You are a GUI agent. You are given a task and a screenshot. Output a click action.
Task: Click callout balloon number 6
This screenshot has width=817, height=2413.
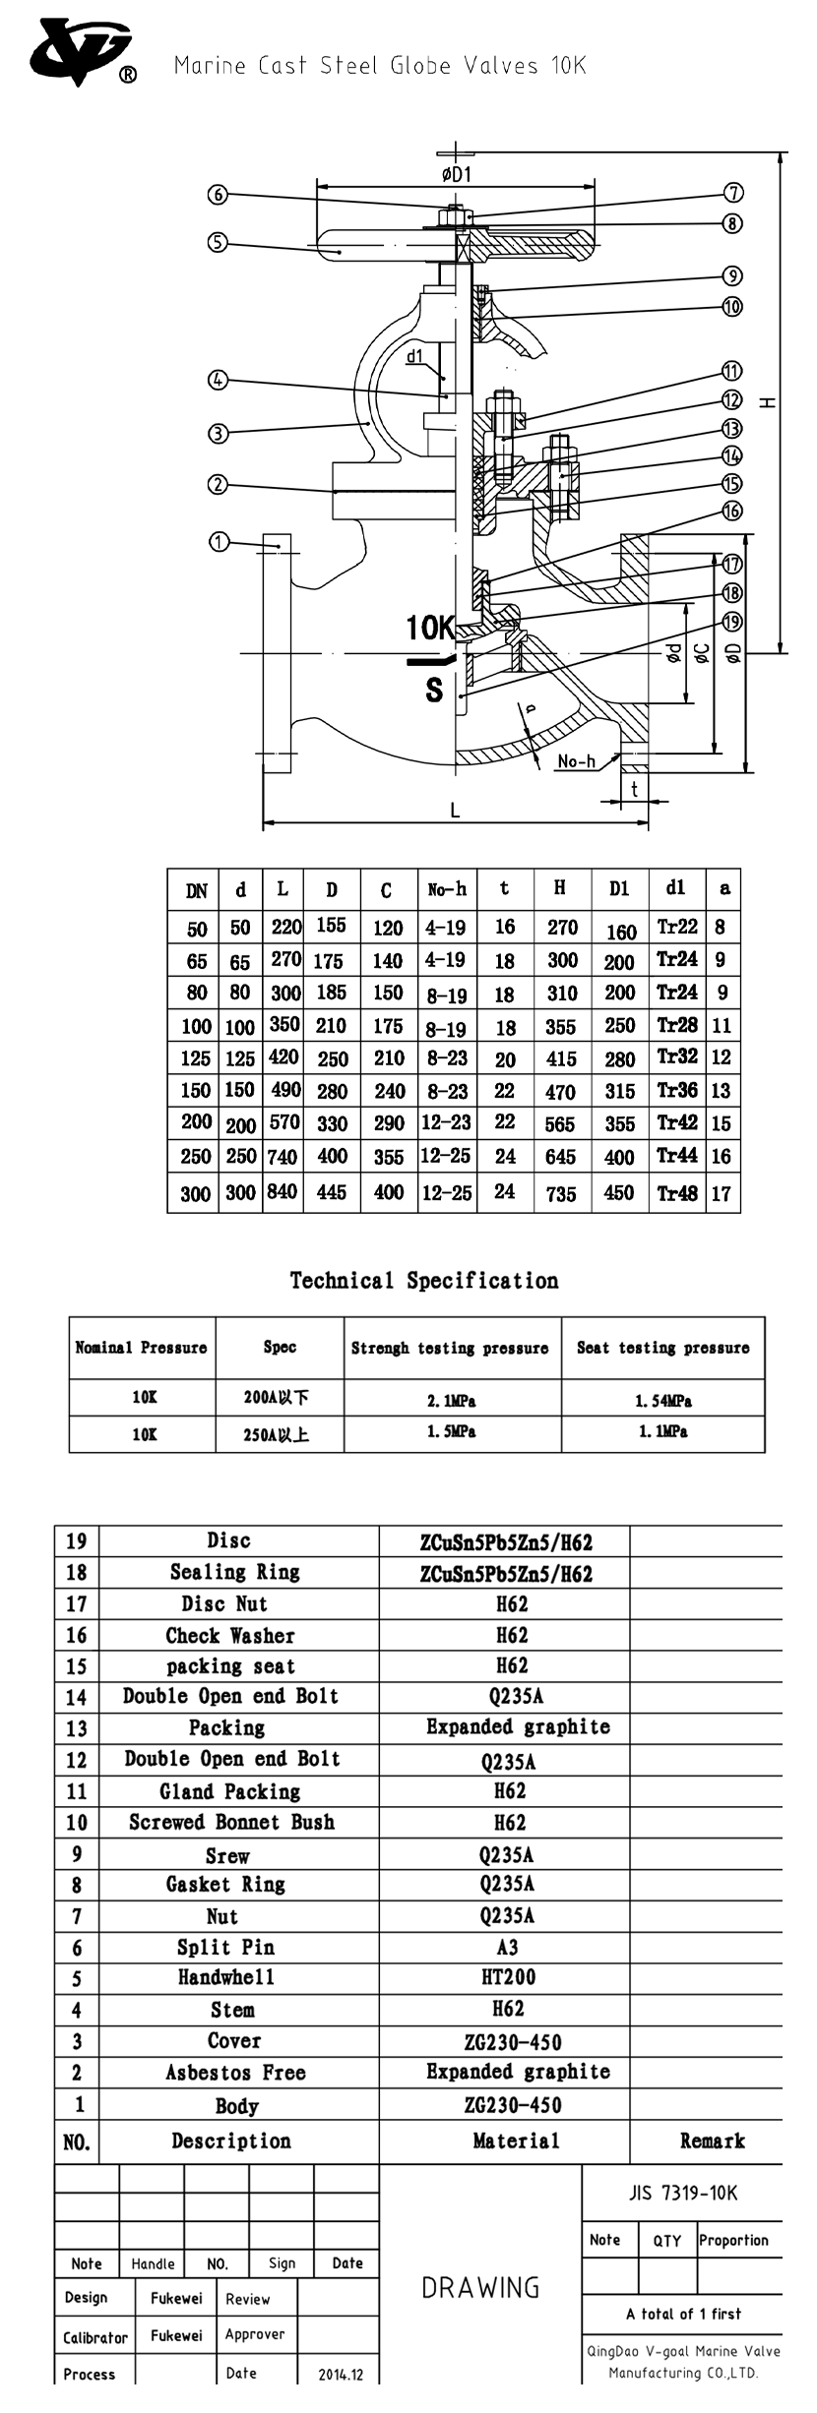(x=219, y=195)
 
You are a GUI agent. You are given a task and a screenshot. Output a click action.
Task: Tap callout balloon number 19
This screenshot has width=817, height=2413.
(x=732, y=622)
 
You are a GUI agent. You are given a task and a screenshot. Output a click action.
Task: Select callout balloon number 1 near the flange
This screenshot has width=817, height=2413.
(x=219, y=541)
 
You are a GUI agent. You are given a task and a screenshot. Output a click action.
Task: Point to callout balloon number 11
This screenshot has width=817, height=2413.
(x=732, y=372)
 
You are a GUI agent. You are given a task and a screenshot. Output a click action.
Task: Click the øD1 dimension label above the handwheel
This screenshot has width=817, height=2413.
(x=456, y=174)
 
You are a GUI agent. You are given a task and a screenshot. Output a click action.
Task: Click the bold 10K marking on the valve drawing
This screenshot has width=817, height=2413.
(x=430, y=628)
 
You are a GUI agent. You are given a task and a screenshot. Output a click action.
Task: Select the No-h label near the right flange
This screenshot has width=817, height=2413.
(x=576, y=760)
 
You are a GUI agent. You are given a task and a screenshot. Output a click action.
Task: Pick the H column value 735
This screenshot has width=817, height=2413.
(x=561, y=1193)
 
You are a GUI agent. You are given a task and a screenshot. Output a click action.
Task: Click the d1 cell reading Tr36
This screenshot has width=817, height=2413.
(x=677, y=1090)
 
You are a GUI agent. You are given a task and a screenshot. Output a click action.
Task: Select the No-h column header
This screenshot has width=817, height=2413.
(x=447, y=889)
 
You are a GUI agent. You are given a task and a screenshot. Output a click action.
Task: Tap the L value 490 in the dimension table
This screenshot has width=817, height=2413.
(x=283, y=1090)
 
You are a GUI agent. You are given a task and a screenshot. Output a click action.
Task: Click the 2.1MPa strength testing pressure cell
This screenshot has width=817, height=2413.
(x=452, y=1400)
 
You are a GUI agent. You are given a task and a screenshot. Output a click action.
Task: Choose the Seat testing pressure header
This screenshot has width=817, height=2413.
(x=662, y=1348)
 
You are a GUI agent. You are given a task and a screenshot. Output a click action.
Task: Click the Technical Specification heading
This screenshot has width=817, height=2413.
(x=424, y=1280)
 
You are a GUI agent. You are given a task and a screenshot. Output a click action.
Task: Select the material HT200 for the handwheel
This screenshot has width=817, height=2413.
(x=508, y=1977)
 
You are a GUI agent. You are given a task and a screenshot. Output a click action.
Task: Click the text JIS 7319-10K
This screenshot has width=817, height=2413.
(x=682, y=2193)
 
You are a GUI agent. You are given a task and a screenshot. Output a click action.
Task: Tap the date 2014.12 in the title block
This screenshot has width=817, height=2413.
(x=341, y=2374)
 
